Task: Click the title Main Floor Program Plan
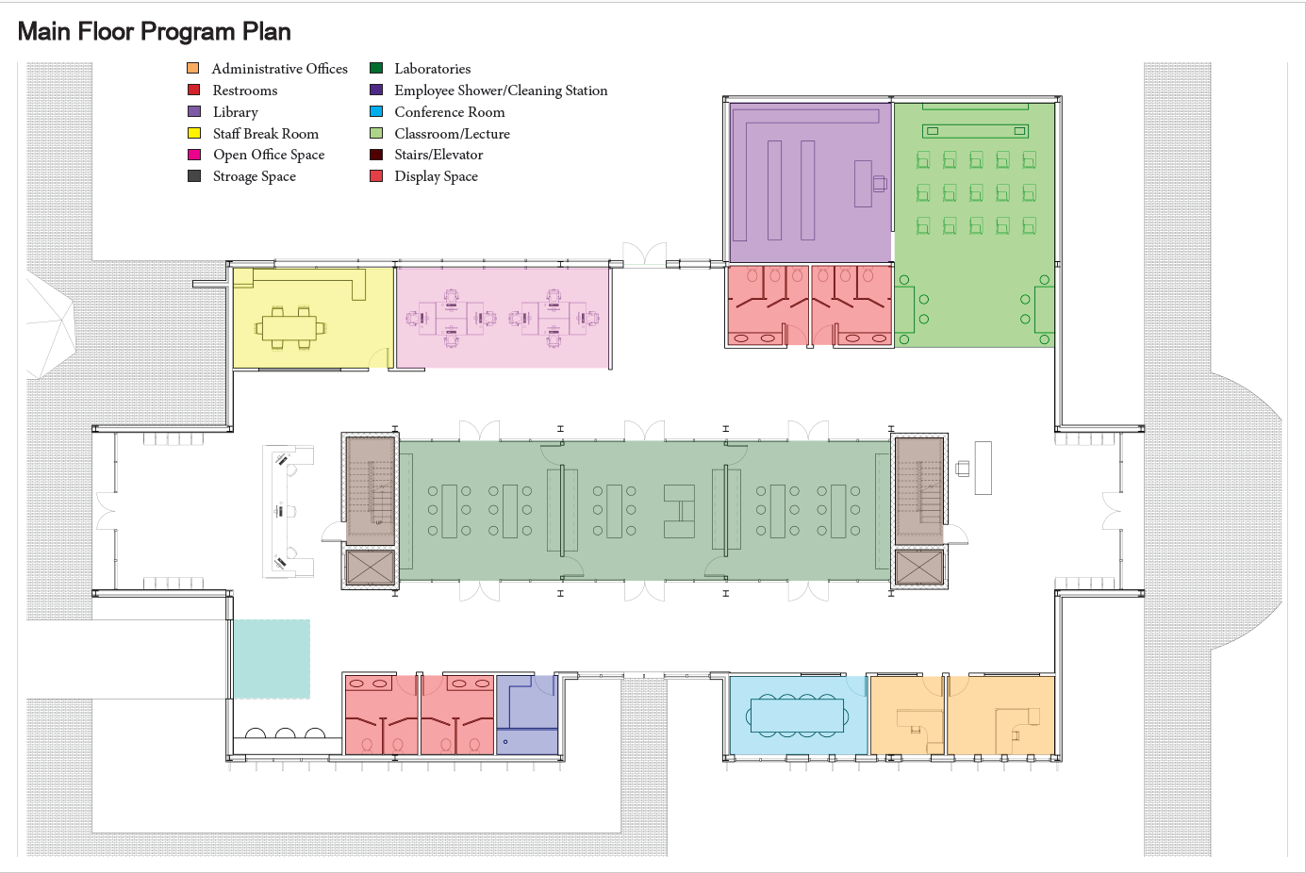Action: pos(155,31)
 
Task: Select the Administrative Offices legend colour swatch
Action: pos(193,68)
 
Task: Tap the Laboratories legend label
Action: pos(432,69)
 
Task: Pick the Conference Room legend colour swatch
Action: pos(376,111)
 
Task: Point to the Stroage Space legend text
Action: pos(254,176)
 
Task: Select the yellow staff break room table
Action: pos(289,328)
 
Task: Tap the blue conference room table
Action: pos(798,716)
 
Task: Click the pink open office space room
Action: pos(503,318)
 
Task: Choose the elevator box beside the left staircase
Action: pos(370,568)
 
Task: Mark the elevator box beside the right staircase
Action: pos(918,568)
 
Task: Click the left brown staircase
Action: pos(370,490)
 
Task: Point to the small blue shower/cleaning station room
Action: pos(527,715)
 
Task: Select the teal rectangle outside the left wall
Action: pos(272,659)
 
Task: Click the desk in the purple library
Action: pos(864,184)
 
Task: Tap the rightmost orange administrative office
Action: pos(1000,716)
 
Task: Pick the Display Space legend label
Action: pos(436,176)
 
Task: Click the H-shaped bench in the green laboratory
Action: pos(679,511)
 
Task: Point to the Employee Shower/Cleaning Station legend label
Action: pos(501,91)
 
